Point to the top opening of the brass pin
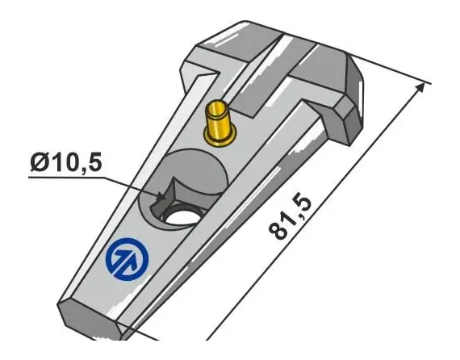218,106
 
